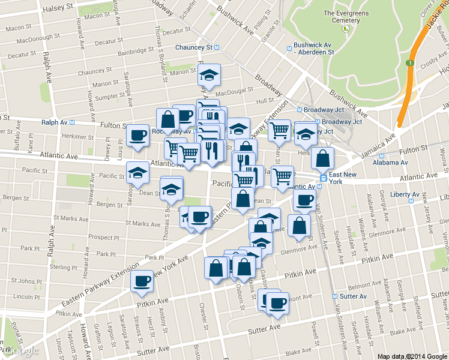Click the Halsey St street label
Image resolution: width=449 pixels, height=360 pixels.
tap(61, 6)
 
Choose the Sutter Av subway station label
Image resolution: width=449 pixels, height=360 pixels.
tap(354, 296)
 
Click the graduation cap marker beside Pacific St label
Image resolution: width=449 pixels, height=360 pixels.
tap(138, 173)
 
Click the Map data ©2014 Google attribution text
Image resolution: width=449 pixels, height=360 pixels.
tap(412, 356)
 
